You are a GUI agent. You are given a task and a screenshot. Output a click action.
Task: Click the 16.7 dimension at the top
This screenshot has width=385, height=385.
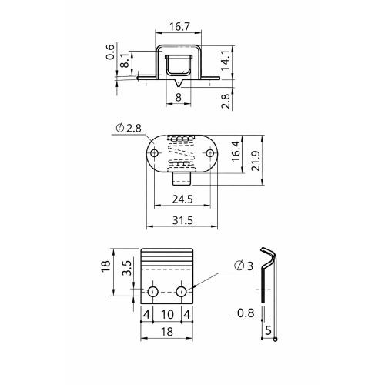pos(179,27)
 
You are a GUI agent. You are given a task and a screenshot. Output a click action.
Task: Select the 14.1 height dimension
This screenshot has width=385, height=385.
pos(225,61)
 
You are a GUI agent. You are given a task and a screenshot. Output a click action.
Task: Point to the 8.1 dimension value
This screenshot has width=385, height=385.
pos(126,60)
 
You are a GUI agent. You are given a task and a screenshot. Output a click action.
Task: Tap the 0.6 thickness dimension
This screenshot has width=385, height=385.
pos(110,52)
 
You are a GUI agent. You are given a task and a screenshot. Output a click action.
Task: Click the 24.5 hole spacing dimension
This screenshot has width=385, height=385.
pos(182,199)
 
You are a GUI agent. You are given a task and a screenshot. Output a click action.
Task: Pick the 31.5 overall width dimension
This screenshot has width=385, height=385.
pos(182,220)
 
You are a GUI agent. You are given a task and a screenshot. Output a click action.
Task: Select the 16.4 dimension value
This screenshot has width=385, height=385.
pos(236,151)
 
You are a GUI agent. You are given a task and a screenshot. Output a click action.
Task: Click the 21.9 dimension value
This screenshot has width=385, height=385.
pos(256,161)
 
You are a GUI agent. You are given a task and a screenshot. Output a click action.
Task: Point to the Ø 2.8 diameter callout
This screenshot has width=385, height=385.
pos(129,128)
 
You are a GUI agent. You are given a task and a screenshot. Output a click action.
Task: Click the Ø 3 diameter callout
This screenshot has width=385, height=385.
pos(243,266)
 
